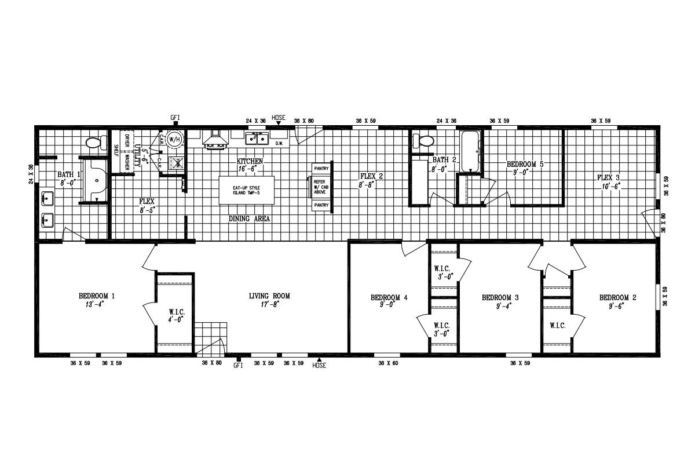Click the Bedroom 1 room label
(x=97, y=296)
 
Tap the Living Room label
(x=269, y=296)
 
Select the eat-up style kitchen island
(x=246, y=190)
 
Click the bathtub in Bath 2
(x=470, y=152)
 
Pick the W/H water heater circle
(x=174, y=140)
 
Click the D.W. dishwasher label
(x=279, y=143)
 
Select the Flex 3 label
(x=609, y=177)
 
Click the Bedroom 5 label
(x=525, y=164)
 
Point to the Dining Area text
(x=250, y=219)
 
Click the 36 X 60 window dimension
(x=388, y=363)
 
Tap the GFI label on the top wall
(x=175, y=118)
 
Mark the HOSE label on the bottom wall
(x=319, y=366)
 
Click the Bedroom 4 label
(x=389, y=297)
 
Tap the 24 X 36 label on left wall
(x=31, y=174)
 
